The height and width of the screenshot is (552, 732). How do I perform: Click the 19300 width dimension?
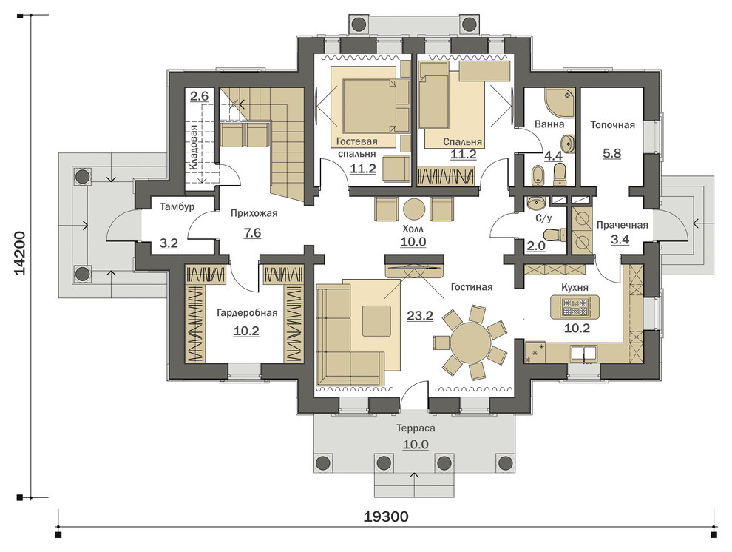tap(386, 516)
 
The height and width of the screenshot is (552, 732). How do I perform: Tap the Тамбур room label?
tap(177, 206)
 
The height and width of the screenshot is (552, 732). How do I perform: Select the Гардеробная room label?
tap(247, 313)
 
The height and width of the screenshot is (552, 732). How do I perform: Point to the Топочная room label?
tap(612, 125)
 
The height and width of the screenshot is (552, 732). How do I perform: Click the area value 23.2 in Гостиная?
tap(420, 316)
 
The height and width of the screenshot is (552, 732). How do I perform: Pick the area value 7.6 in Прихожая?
tap(252, 232)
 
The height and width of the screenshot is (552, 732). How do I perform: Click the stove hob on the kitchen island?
tap(575, 306)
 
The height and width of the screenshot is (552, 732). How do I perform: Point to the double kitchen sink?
tap(582, 353)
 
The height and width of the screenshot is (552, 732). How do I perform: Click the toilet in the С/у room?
tap(555, 234)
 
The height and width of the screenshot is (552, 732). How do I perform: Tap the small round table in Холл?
tap(413, 209)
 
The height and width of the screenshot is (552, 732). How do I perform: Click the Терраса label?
tap(416, 428)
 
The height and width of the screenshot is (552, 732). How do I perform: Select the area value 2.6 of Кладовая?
tap(199, 97)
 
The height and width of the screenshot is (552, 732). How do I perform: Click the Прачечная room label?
tap(623, 225)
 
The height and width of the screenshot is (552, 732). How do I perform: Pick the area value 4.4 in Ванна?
tap(554, 155)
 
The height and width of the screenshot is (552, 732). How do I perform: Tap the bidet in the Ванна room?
tap(538, 175)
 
